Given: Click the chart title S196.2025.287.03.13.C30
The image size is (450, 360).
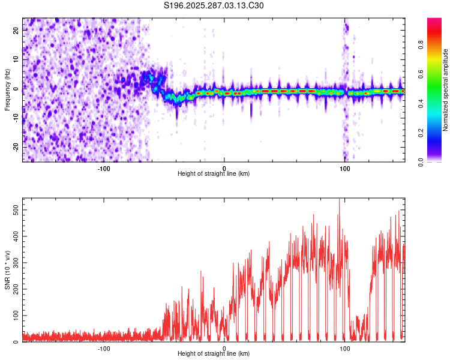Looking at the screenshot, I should click(214, 6).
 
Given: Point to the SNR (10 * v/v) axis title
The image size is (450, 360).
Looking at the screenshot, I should click(7, 270).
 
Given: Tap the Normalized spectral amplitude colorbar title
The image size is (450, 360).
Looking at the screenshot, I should click(446, 90).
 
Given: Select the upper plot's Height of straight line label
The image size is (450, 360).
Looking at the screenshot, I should click(214, 173).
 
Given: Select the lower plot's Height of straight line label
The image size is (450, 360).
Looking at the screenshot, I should click(214, 353).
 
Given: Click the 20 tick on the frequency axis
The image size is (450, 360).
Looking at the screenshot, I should click(16, 31).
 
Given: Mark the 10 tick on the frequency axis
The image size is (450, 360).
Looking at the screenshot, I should click(16, 60).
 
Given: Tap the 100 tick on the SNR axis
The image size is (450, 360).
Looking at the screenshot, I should click(16, 316).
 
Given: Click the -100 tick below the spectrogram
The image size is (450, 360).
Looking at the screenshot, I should click(104, 168).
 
